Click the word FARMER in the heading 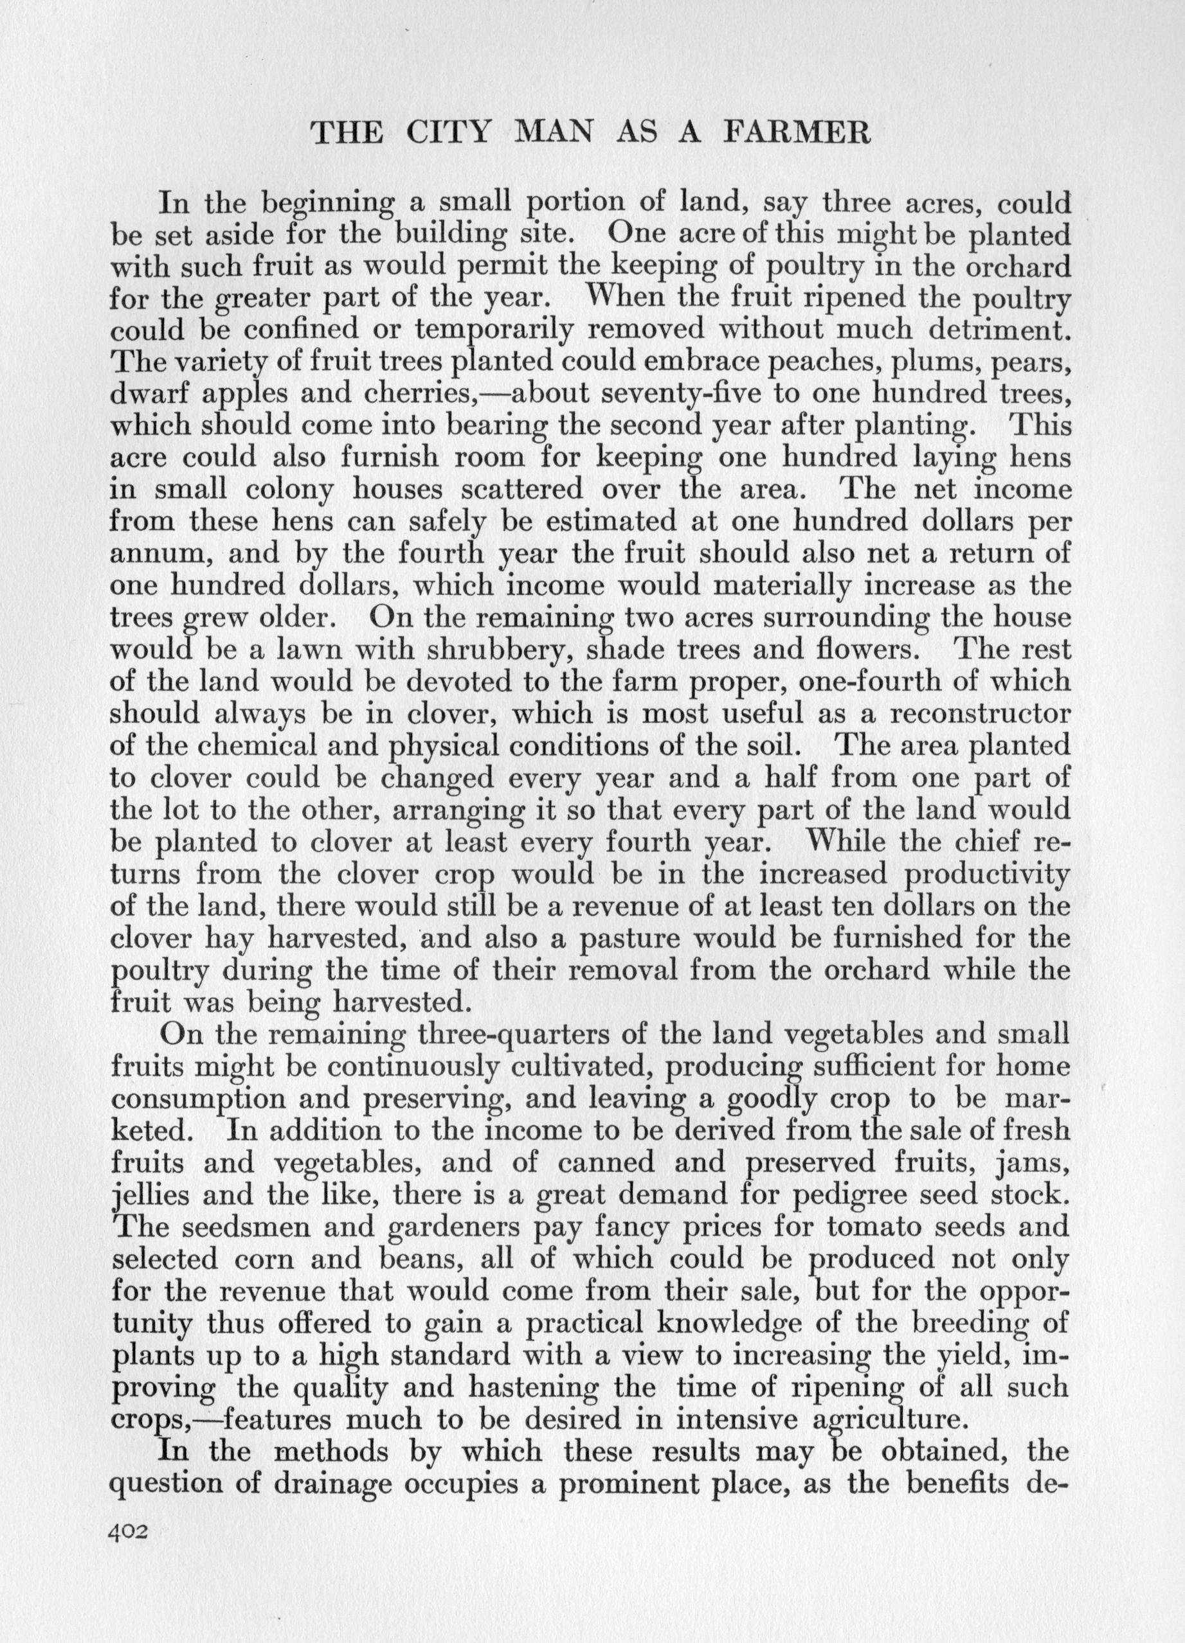pos(796,132)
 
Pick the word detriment pos(991,329)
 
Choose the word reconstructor pos(979,715)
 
